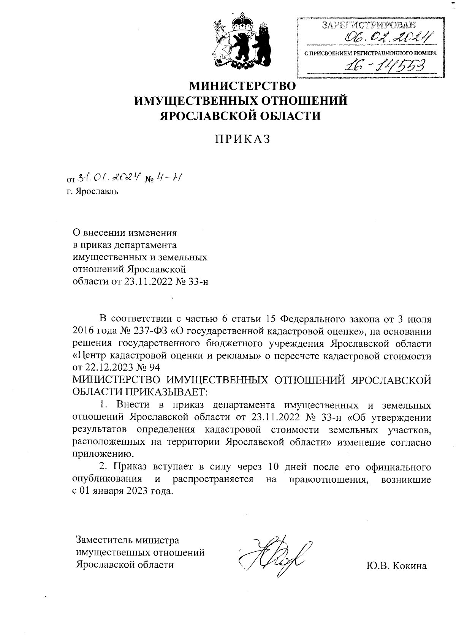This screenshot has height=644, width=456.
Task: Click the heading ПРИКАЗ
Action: tap(242, 139)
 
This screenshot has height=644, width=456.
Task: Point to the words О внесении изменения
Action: tap(125, 232)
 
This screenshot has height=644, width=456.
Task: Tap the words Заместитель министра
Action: tap(128, 540)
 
